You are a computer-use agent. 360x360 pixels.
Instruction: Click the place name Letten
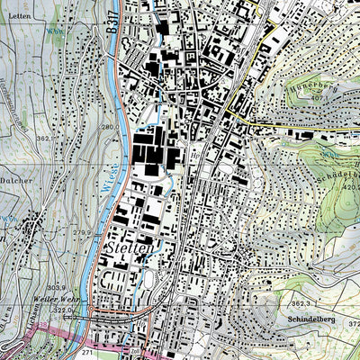point(19,15)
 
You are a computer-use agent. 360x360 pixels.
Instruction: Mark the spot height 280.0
point(107,128)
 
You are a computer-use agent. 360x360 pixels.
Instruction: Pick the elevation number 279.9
point(83,232)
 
